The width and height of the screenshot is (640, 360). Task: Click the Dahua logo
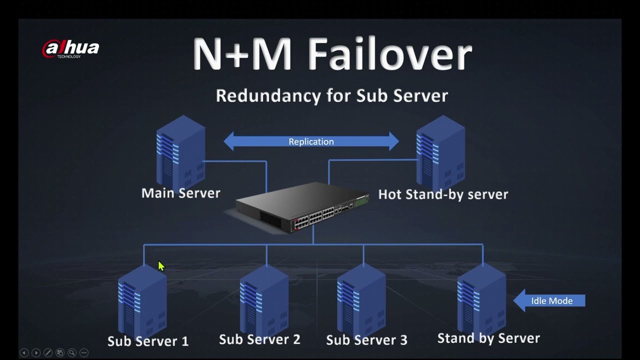coord(70,48)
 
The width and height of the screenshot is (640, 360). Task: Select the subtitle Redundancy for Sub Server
coord(331,95)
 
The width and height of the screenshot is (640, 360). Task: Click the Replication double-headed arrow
coord(311,141)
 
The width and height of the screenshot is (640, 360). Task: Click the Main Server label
coord(180,193)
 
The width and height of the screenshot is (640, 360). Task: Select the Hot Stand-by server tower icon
coord(440,152)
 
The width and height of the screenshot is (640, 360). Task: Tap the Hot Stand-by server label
coord(443,194)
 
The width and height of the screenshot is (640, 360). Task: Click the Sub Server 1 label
coord(148,341)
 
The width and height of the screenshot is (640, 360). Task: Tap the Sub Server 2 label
coord(259,339)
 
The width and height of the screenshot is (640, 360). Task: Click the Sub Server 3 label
coord(366,340)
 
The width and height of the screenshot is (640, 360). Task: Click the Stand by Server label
coord(488,338)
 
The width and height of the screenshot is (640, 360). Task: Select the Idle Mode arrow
coord(549,300)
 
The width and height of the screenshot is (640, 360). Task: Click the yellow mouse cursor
coord(161,266)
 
